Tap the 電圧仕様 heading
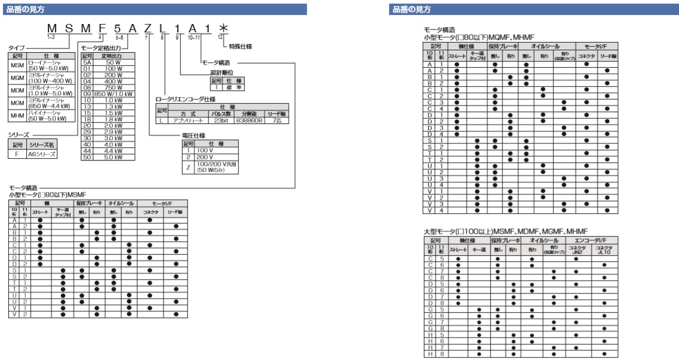click(x=195, y=137)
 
